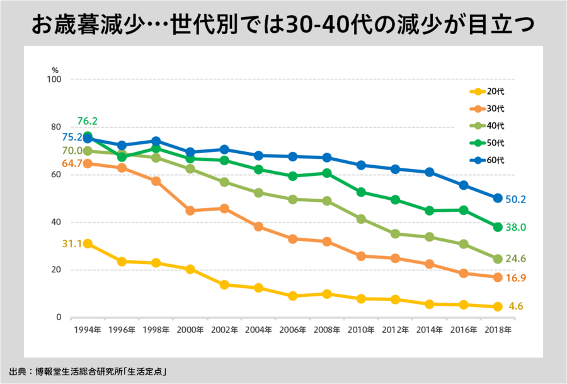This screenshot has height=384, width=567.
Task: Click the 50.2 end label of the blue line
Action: [515, 199]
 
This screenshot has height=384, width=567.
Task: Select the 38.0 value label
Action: [515, 228]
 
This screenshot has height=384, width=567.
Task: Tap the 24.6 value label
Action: [515, 258]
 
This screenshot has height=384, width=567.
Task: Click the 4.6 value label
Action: [516, 307]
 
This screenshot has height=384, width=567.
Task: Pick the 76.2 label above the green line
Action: [87, 121]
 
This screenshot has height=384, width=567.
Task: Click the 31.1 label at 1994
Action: [72, 244]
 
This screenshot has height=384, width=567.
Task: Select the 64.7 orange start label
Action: [72, 164]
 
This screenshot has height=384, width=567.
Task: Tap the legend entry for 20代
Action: [487, 92]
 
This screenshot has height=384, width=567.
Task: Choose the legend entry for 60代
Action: [487, 160]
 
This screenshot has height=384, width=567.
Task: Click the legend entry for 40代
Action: [487, 126]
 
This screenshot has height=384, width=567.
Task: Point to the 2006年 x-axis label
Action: [293, 330]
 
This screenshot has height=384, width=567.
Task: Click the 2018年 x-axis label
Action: [497, 330]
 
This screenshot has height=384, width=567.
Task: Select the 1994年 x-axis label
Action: [88, 330]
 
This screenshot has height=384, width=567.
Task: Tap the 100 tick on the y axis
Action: [54, 79]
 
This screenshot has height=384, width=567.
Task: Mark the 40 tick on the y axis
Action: [55, 222]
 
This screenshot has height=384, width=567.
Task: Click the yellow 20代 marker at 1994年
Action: [88, 243]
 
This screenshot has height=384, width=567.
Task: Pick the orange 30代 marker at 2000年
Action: [190, 211]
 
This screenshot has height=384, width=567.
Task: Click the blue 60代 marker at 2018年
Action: [497, 198]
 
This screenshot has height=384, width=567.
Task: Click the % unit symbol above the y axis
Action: [55, 70]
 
